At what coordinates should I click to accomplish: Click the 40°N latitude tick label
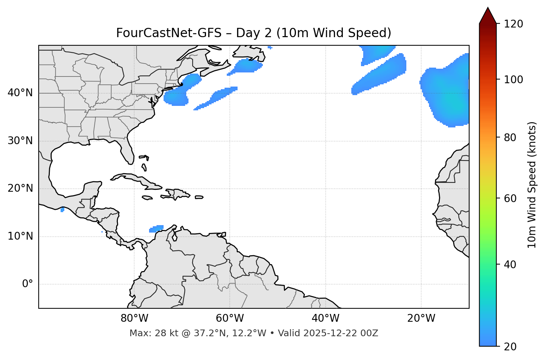point(20,93)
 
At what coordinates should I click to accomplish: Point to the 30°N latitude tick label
point(20,141)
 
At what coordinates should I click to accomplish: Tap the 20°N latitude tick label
point(20,188)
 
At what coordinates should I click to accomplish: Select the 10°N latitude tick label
point(20,236)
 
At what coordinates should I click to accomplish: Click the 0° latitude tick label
point(28,284)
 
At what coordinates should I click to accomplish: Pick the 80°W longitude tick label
point(134,318)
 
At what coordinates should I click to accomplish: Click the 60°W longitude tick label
point(230,318)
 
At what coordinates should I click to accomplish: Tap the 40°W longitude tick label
point(325,318)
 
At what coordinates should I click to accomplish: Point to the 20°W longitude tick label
point(421,318)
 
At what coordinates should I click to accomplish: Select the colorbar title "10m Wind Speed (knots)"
point(532,185)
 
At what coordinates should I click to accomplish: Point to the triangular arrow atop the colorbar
point(488,16)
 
